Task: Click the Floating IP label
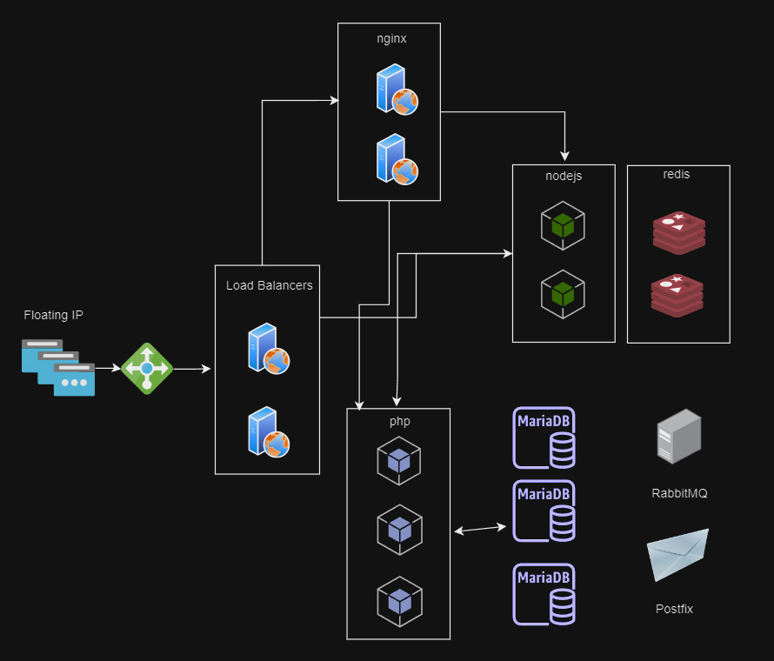coord(54,315)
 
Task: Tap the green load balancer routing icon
coord(147,368)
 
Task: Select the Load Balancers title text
coord(269,285)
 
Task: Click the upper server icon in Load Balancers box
coord(268,349)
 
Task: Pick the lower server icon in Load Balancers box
coord(268,432)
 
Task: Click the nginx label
coord(389,39)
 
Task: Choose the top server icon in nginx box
coord(397,90)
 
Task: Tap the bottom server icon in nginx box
coord(397,159)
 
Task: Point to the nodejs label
coord(564,176)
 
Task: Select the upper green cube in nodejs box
coord(563,225)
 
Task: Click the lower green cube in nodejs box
coord(563,293)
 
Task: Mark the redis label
coord(677,175)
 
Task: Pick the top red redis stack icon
coord(678,232)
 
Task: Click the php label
coord(399,421)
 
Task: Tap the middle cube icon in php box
coord(399,528)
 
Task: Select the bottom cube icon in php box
coord(399,601)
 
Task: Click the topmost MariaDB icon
coord(544,437)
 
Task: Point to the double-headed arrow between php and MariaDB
coord(481,529)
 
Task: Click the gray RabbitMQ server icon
coord(678,437)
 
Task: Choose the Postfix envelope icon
coord(677,555)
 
